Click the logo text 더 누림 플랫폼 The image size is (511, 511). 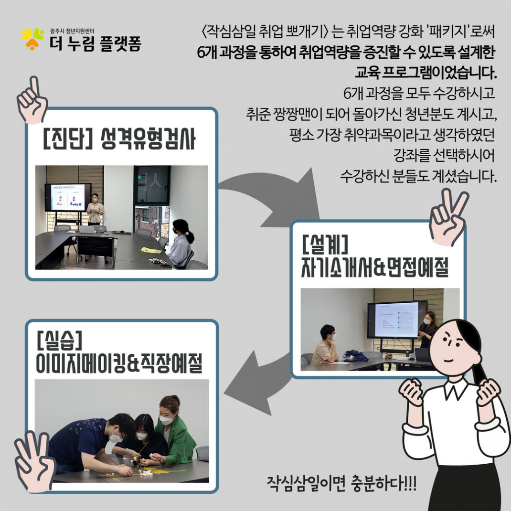(96, 44)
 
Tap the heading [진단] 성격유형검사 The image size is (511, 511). (119, 139)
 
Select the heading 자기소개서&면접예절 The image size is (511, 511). (375, 267)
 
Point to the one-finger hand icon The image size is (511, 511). (32, 100)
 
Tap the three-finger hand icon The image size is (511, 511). (34, 461)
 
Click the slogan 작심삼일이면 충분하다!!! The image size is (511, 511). (341, 483)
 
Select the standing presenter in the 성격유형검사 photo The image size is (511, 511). (95, 209)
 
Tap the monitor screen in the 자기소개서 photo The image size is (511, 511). (397, 319)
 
